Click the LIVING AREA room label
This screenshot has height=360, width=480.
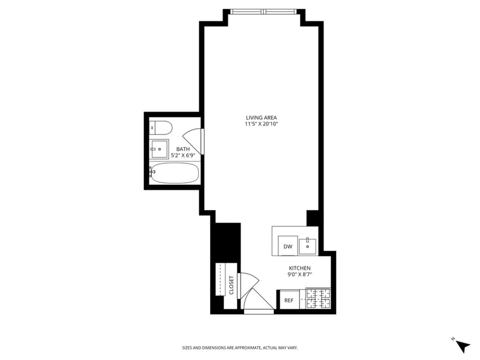tap(261, 118)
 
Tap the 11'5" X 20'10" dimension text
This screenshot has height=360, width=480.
tap(261, 124)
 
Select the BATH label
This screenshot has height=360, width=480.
tap(183, 149)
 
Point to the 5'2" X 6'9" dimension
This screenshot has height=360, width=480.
tap(183, 155)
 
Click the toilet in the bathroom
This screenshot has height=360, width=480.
tap(161, 128)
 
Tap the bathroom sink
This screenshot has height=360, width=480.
tap(159, 149)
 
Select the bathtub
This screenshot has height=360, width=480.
tap(175, 173)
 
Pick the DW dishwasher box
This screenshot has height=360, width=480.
tap(288, 246)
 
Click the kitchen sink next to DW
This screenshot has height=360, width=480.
tap(308, 245)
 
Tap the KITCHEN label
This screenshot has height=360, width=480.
tap(299, 268)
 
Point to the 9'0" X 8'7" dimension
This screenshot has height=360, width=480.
tap(299, 275)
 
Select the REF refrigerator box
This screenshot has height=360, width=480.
tap(289, 300)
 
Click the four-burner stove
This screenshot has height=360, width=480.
tap(319, 299)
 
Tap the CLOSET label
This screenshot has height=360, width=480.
tap(231, 286)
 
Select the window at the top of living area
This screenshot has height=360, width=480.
tap(263, 11)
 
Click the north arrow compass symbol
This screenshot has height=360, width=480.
tap(462, 346)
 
